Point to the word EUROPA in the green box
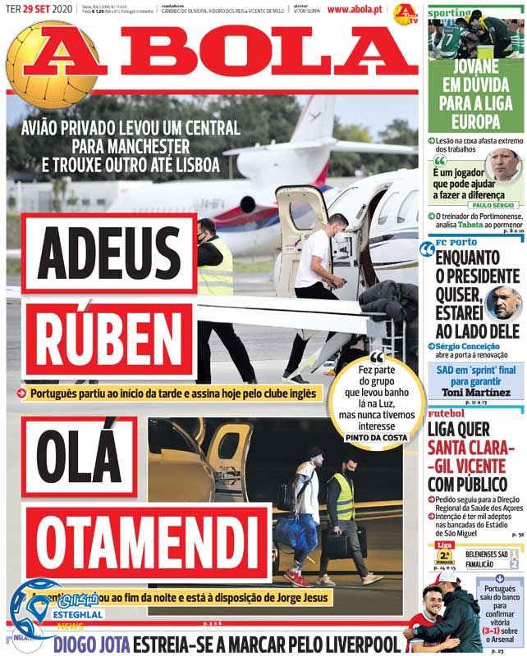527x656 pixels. pos(475,122)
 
